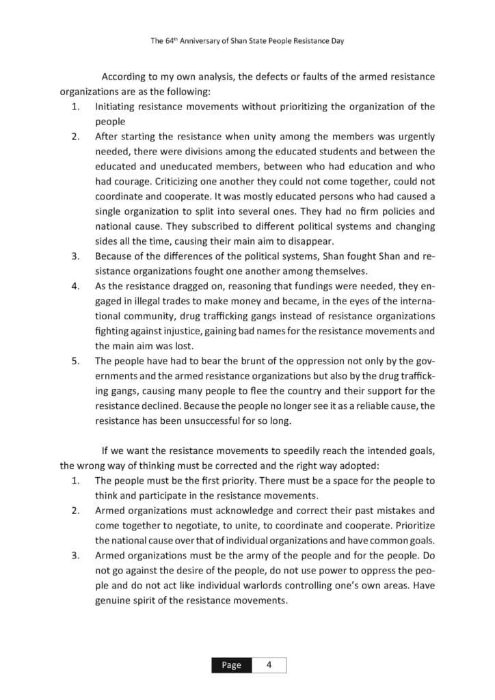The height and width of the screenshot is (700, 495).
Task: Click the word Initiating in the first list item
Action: pos(116,107)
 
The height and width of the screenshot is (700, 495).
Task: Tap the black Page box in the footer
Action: pos(230,665)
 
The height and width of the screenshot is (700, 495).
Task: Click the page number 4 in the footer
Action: pos(269,665)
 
